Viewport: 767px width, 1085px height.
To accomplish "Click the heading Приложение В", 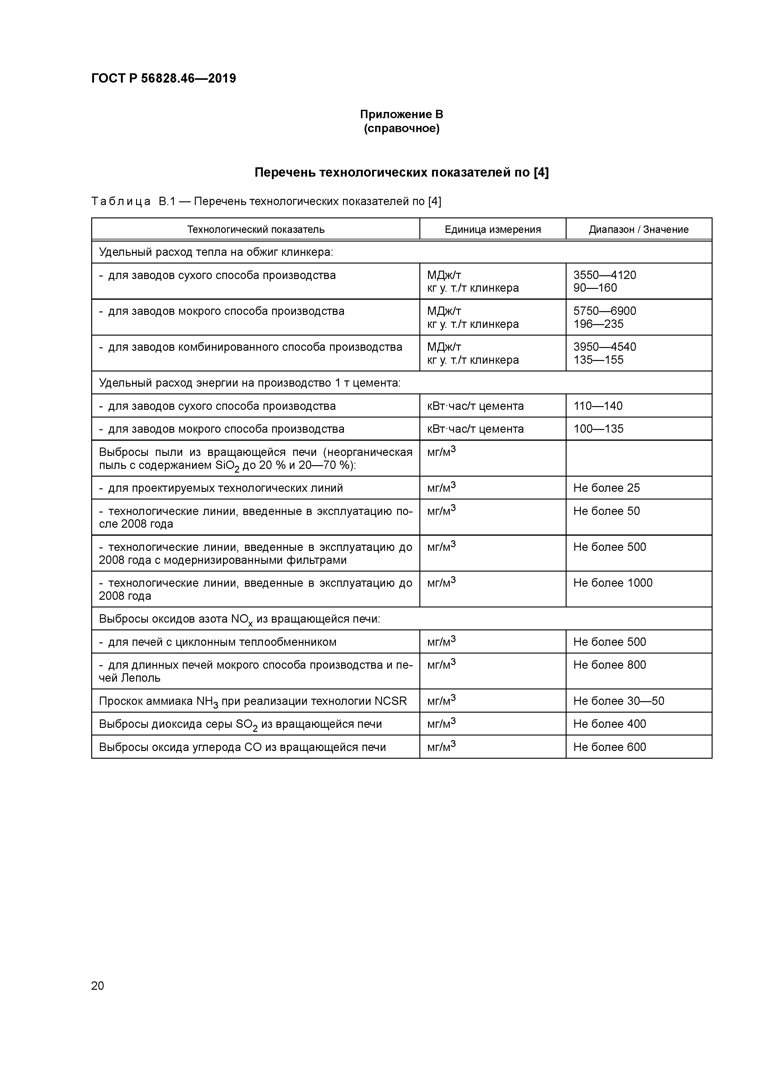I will click(x=401, y=114).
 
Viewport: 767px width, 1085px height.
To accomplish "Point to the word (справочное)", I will click(x=401, y=129).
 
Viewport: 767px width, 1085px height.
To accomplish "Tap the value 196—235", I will click(x=598, y=324).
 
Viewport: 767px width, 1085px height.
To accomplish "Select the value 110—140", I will click(x=598, y=406).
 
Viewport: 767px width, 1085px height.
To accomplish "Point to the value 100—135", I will click(x=598, y=429).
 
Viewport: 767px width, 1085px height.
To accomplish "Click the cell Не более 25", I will click(x=606, y=488).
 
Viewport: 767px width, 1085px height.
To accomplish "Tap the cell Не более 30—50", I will click(x=619, y=701).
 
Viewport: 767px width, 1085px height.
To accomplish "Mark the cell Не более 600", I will click(x=609, y=747).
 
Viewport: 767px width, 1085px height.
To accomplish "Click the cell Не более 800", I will click(x=609, y=665).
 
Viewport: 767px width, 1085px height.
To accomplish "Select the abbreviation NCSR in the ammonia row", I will click(x=390, y=701).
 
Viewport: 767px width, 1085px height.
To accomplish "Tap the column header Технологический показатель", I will click(x=256, y=230).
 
